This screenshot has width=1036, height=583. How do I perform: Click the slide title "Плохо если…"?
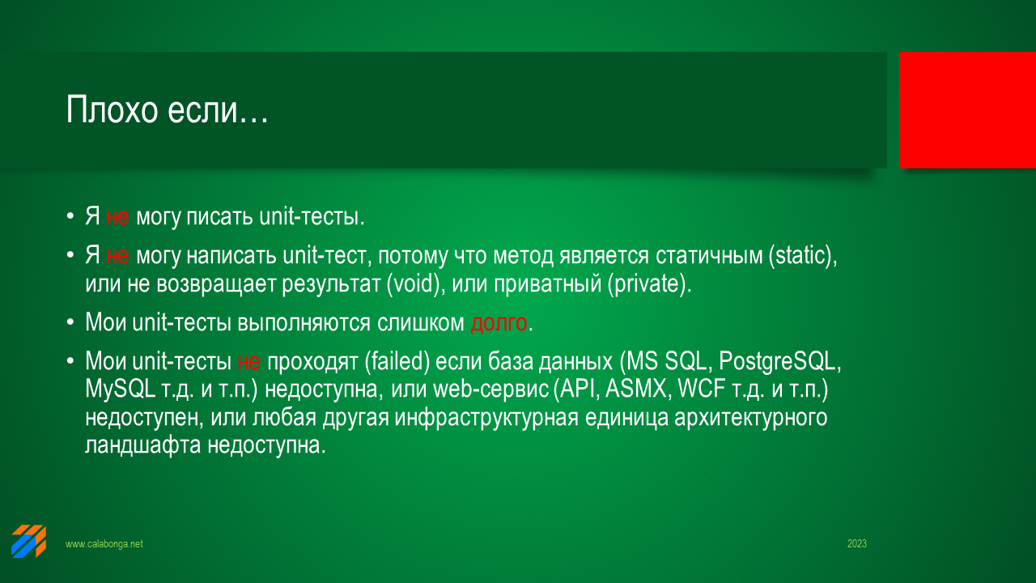tap(167, 109)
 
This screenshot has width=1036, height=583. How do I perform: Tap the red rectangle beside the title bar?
tap(967, 109)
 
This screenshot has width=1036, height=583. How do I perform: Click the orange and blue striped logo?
tap(28, 541)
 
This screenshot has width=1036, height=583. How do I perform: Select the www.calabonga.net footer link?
tap(104, 543)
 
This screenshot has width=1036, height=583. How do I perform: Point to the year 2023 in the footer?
tap(856, 543)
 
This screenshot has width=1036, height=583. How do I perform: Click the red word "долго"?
tap(499, 322)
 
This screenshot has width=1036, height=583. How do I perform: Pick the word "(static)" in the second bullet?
tap(803, 255)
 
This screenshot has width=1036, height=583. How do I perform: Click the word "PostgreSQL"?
tap(779, 361)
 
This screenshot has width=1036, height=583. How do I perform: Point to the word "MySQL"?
tap(120, 389)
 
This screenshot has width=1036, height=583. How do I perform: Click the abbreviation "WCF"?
tap(701, 389)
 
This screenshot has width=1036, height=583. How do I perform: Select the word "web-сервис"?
tap(491, 389)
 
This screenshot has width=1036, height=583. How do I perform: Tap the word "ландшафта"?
tap(143, 445)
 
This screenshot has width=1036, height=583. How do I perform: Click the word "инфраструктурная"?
tap(486, 417)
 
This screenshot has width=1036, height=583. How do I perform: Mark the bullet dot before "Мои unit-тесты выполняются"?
tap(70, 321)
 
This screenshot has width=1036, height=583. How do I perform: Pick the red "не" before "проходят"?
tap(248, 361)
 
